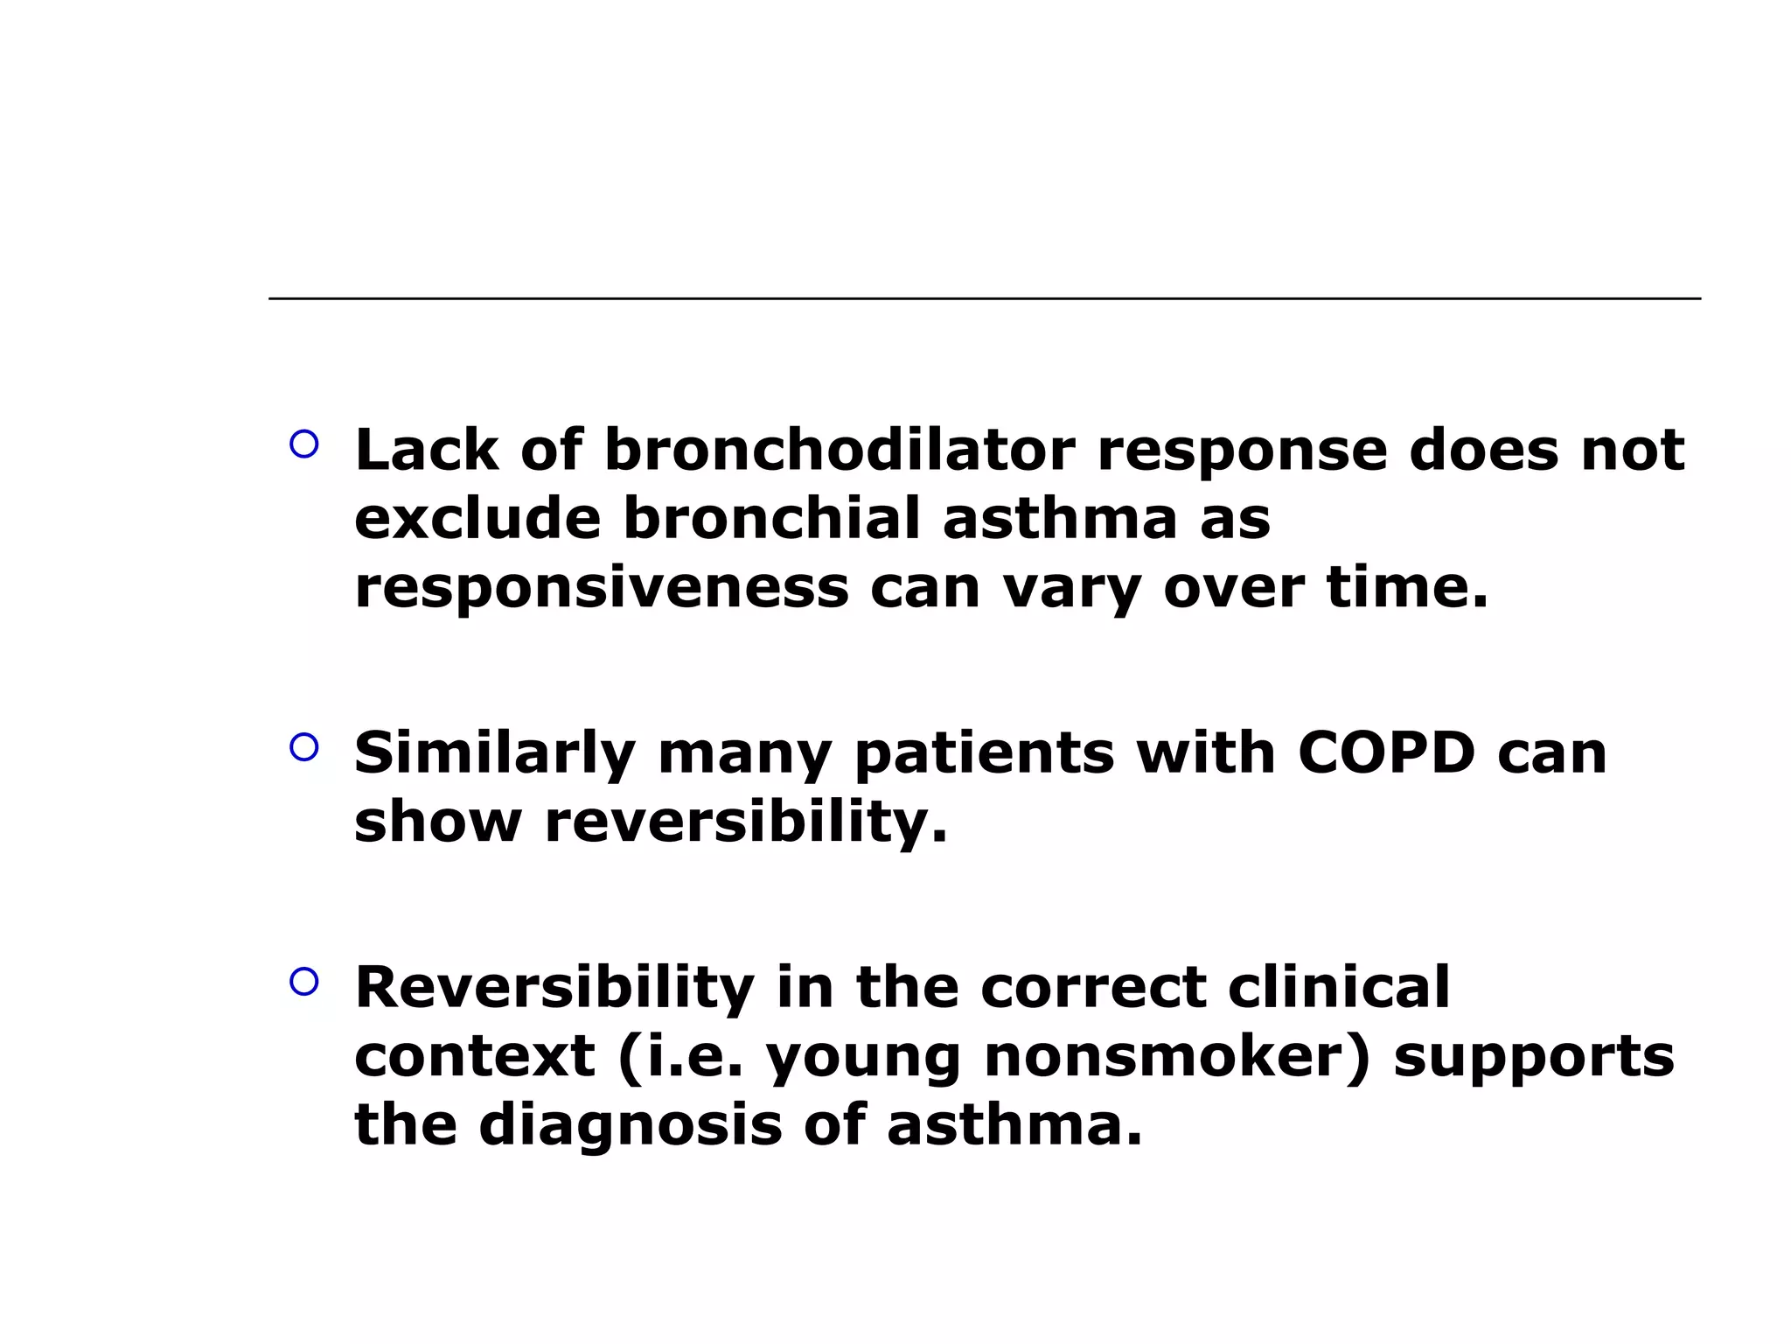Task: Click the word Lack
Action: tap(426, 450)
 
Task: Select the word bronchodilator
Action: tap(839, 450)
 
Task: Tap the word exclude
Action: tap(477, 518)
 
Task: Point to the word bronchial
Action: tap(771, 518)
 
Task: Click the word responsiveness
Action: tap(601, 587)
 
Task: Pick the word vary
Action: tap(1071, 589)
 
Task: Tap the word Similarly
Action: tap(494, 753)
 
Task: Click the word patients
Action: tap(984, 753)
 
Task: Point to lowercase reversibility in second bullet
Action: tap(745, 822)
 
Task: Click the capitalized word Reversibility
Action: tap(554, 988)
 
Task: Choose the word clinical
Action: tap(1339, 988)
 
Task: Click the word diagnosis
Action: tap(630, 1126)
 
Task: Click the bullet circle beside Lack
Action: tap(303, 444)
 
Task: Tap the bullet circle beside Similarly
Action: tap(303, 747)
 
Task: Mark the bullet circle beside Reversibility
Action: tap(303, 982)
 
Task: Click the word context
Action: tap(475, 1056)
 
